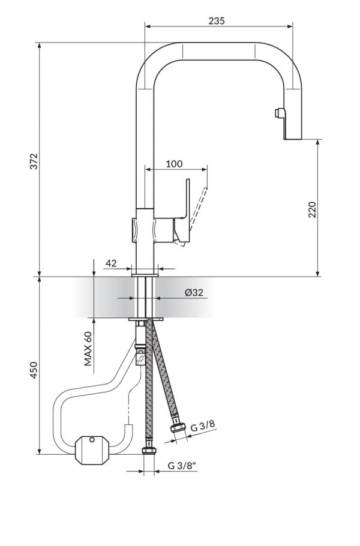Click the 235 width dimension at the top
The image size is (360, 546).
point(217,20)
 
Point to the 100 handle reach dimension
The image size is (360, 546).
point(174,164)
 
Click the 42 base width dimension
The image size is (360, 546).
point(110,263)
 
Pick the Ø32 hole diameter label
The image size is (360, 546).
point(194,292)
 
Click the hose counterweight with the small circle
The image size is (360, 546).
point(91,450)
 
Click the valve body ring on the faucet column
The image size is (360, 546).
point(144,229)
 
